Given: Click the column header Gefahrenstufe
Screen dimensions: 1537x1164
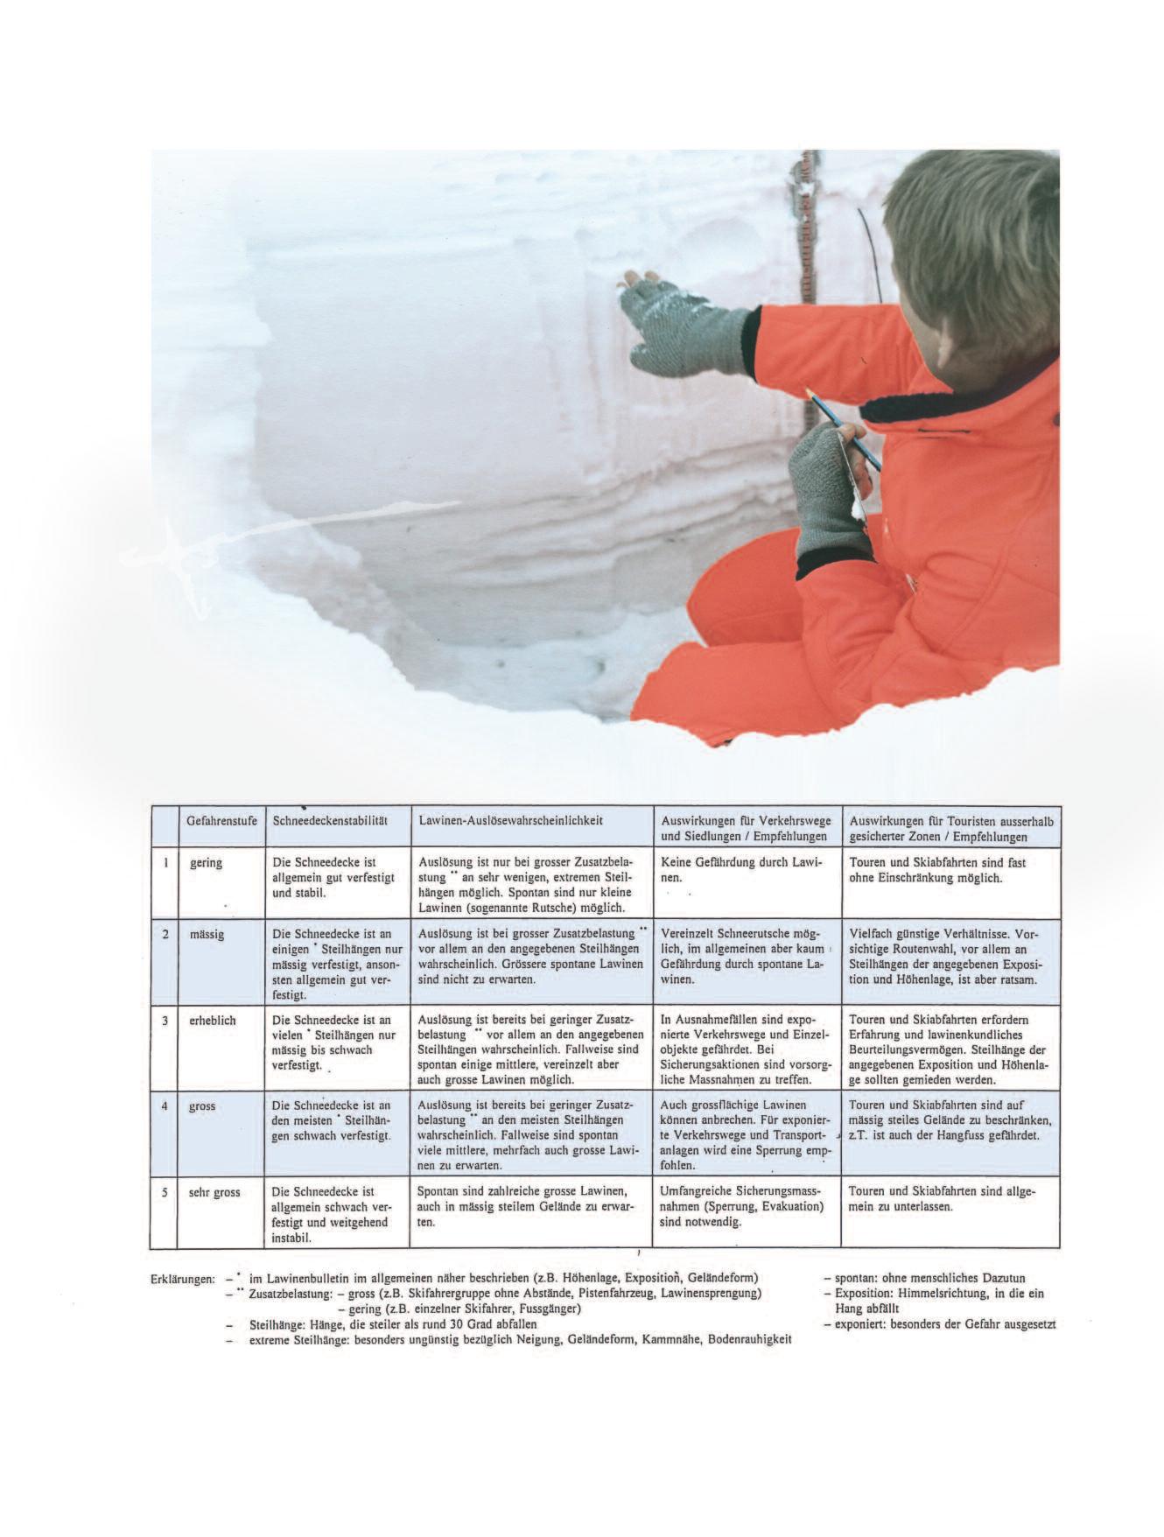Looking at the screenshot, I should (x=221, y=821).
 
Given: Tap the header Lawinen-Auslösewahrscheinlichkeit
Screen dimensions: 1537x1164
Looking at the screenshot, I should (x=511, y=821).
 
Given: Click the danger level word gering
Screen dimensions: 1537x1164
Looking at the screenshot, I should (x=206, y=862).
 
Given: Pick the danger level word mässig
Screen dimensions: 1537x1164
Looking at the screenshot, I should (x=207, y=934).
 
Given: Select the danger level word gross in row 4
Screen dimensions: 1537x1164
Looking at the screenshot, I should (x=202, y=1105).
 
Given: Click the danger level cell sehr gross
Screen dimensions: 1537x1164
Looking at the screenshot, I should (x=214, y=1191).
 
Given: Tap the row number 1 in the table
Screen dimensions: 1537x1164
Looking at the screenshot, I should (x=164, y=862).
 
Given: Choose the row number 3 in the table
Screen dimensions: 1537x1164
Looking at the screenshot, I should (x=164, y=1020).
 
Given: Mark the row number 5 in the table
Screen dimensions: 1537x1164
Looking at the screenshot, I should (x=164, y=1191).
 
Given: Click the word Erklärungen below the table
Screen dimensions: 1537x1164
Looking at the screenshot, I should (x=182, y=1279).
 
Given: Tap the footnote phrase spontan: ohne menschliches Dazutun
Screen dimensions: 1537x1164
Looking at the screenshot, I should (x=923, y=1278).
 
